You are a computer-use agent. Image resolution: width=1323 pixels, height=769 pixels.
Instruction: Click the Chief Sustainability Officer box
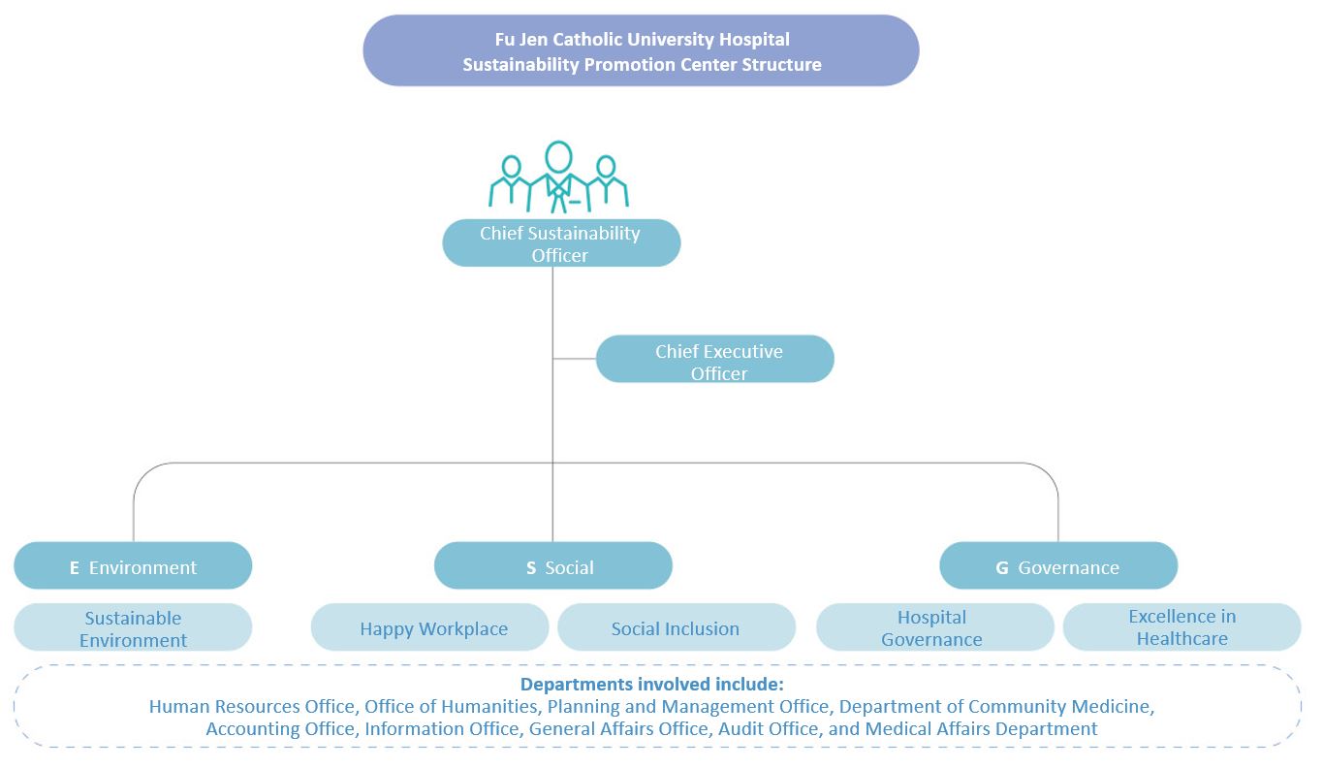(561, 243)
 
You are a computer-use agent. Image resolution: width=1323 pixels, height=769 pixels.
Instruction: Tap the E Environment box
(133, 566)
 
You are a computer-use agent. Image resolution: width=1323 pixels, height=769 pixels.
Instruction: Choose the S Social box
(552, 566)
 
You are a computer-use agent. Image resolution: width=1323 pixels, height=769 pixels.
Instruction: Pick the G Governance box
(1058, 566)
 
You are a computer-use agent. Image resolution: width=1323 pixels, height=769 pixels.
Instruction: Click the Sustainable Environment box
(133, 628)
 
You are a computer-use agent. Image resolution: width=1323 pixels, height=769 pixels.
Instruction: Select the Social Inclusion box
(676, 628)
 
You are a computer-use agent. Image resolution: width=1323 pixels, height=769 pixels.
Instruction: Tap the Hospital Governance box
(934, 628)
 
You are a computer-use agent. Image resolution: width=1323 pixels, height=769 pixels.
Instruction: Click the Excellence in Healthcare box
(1181, 627)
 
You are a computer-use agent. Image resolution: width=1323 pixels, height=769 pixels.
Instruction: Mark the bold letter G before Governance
(1002, 568)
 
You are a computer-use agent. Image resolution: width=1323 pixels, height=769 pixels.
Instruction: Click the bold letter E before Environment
(75, 568)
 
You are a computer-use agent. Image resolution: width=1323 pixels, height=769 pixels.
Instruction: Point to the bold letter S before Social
(531, 568)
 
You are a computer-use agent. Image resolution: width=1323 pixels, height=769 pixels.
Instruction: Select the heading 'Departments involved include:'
(651, 684)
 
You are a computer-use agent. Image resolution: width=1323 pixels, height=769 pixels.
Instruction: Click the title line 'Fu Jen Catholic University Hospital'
(641, 40)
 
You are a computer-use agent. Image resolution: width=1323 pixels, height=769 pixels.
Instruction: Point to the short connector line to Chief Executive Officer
(575, 359)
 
